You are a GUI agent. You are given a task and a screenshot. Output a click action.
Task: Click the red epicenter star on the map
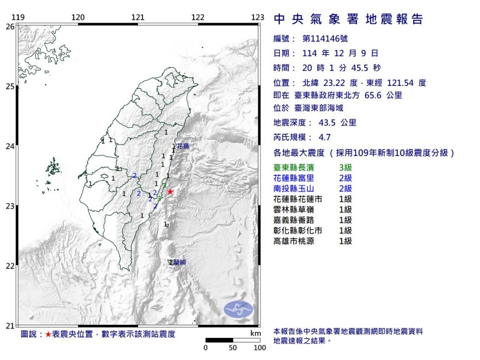pyautogui.click(x=170, y=191)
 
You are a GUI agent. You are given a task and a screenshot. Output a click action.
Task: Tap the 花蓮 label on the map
pyautogui.click(x=183, y=147)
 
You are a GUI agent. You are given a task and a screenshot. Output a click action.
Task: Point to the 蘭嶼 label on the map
pyautogui.click(x=179, y=263)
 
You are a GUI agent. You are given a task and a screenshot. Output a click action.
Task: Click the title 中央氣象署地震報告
pyautogui.click(x=349, y=20)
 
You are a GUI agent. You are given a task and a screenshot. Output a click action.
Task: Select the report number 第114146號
pyautogui.click(x=326, y=39)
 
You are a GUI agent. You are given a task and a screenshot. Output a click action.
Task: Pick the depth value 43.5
pyautogui.click(x=329, y=123)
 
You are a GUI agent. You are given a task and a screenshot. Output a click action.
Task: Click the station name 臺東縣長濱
pyautogui.click(x=296, y=168)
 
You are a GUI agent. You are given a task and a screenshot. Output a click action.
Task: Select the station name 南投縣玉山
pyautogui.click(x=296, y=189)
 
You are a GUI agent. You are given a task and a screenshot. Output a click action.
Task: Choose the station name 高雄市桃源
pyautogui.click(x=296, y=241)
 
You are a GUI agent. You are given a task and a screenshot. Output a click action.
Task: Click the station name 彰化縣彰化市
pyautogui.click(x=300, y=230)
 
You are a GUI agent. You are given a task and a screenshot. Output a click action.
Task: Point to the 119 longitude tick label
pyautogui.click(x=18, y=17)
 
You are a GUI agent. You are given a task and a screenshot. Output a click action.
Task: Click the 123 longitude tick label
pyautogui.click(x=257, y=17)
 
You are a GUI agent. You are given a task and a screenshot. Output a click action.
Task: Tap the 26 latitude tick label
pyautogui.click(x=10, y=26)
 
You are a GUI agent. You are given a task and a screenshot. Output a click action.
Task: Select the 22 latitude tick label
pyautogui.click(x=10, y=266)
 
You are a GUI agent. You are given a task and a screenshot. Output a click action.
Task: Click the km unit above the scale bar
pyautogui.click(x=254, y=334)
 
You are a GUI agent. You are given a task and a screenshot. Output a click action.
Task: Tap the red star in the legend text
pyautogui.click(x=49, y=335)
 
